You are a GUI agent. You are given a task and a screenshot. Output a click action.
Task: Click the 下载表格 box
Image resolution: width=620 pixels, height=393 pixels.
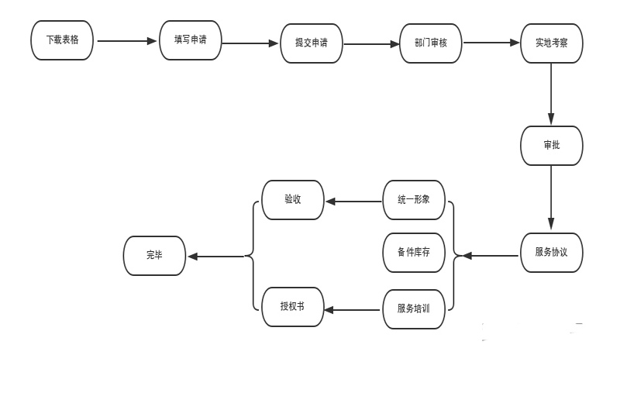pyautogui.click(x=62, y=40)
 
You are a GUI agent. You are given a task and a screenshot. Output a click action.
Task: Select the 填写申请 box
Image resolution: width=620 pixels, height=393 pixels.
pyautogui.click(x=190, y=40)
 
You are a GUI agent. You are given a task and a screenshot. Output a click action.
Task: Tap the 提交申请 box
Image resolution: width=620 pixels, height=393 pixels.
pyautogui.click(x=311, y=43)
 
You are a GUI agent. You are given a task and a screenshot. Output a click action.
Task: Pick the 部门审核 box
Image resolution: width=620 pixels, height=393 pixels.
pyautogui.click(x=431, y=43)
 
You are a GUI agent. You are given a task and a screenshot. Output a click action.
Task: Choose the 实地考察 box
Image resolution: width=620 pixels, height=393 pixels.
pyautogui.click(x=551, y=43)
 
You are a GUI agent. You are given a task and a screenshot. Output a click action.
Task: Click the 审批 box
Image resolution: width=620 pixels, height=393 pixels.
pyautogui.click(x=551, y=146)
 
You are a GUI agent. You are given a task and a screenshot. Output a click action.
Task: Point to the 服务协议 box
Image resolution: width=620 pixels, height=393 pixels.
pyautogui.click(x=551, y=252)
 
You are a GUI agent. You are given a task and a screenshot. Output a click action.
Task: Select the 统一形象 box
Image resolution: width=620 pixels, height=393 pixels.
pyautogui.click(x=414, y=200)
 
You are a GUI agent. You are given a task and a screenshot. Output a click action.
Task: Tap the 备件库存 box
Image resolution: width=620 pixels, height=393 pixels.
pyautogui.click(x=414, y=253)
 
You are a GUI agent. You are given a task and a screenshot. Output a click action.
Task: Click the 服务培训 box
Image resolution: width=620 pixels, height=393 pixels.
pyautogui.click(x=414, y=309)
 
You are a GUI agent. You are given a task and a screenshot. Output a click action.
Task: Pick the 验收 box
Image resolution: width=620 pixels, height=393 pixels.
pyautogui.click(x=293, y=200)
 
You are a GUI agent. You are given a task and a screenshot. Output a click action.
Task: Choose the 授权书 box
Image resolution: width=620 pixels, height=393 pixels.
pyautogui.click(x=293, y=307)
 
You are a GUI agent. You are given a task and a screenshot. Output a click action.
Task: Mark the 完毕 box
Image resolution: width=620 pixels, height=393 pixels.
pyautogui.click(x=154, y=256)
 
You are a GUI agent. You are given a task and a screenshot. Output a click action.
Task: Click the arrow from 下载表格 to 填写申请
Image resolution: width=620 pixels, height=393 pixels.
pyautogui.click(x=126, y=41)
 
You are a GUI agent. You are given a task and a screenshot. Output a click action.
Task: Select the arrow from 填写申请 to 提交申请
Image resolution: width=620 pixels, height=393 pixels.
pyautogui.click(x=250, y=43)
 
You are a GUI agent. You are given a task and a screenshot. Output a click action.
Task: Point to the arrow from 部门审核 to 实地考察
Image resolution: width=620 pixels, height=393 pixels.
pyautogui.click(x=491, y=43)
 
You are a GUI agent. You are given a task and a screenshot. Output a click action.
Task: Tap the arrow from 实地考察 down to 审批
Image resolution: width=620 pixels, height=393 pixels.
pyautogui.click(x=551, y=94)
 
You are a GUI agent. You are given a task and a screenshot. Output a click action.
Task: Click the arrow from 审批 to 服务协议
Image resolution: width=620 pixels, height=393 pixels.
pyautogui.click(x=551, y=198)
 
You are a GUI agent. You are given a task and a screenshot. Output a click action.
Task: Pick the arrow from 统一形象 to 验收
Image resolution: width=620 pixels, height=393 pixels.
pyautogui.click(x=353, y=202)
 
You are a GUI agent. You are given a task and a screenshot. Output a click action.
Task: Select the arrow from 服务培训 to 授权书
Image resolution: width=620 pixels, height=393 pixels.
pyautogui.click(x=353, y=310)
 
